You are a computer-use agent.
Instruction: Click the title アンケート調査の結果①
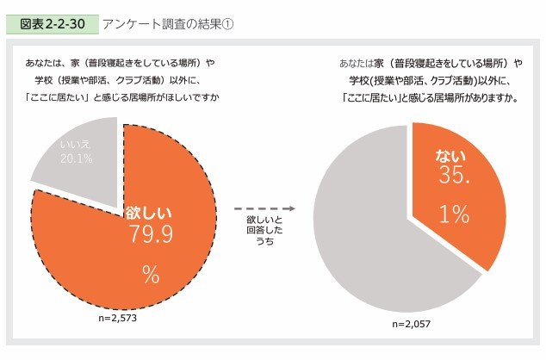[x=167, y=23]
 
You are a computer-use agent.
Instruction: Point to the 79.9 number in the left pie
[x=151, y=234]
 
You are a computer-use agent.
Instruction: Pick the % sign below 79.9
[x=151, y=276]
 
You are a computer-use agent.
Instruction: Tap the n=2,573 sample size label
[x=117, y=318]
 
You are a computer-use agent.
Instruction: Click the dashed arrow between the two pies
[x=264, y=208]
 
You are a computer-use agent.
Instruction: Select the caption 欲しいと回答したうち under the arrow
[x=264, y=232]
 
